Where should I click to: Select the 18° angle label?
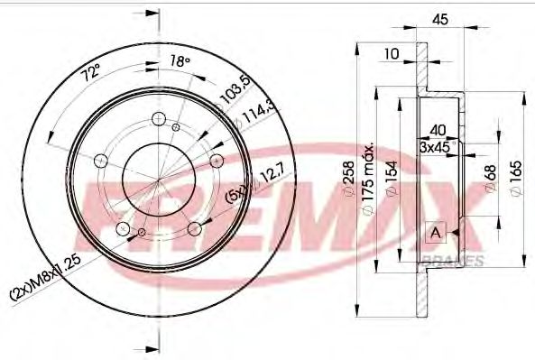click(180, 61)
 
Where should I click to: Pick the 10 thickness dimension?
click(390, 54)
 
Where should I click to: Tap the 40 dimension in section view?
click(438, 128)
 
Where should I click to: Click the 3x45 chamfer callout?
click(437, 146)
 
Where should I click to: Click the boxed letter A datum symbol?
click(436, 233)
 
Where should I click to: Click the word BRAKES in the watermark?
click(452, 262)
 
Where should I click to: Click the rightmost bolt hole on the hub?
click(217, 160)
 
